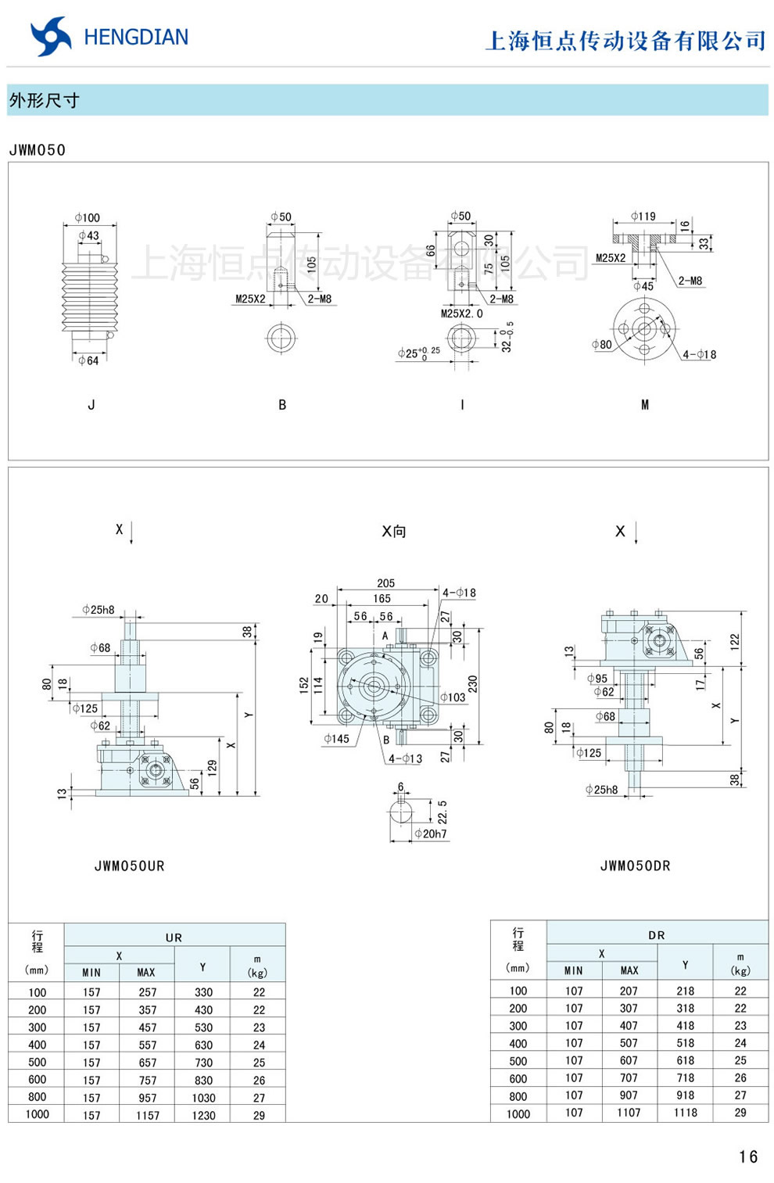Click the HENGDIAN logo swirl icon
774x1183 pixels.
pyautogui.click(x=51, y=37)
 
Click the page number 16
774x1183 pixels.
pyautogui.click(x=747, y=1156)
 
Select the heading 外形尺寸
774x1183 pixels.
pyautogui.click(x=44, y=101)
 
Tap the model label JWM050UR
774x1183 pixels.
pyautogui.click(x=130, y=866)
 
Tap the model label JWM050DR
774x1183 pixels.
pyautogui.click(x=635, y=866)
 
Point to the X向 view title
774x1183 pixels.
pyautogui.click(x=393, y=532)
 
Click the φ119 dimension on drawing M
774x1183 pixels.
pyautogui.click(x=643, y=217)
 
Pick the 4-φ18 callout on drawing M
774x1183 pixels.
pyautogui.click(x=698, y=354)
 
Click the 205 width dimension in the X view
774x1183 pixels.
pyautogui.click(x=385, y=583)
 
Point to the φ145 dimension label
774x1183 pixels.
pyautogui.click(x=337, y=738)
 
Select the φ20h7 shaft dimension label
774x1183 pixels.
pyautogui.click(x=431, y=834)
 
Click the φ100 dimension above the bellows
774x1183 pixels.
pyautogui.click(x=88, y=217)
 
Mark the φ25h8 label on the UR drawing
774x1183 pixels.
pyautogui.click(x=99, y=610)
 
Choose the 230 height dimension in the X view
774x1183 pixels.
pyautogui.click(x=472, y=684)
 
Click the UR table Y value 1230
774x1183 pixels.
pyautogui.click(x=203, y=1116)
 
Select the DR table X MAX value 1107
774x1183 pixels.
pyautogui.click(x=629, y=1113)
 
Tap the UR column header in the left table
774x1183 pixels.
pyautogui.click(x=174, y=937)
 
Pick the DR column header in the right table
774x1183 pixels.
pyautogui.click(x=657, y=934)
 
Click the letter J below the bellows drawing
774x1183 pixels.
pyautogui.click(x=91, y=405)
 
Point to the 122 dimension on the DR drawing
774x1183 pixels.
pyautogui.click(x=734, y=641)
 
